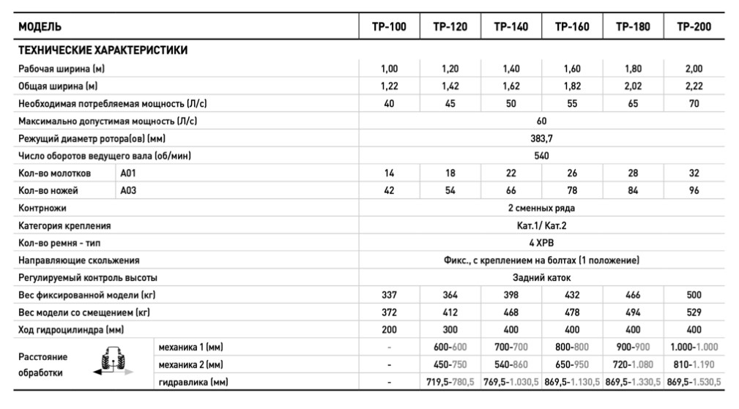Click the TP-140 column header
coord(510,27)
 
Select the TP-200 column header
coord(694,27)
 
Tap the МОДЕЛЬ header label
coord(40,27)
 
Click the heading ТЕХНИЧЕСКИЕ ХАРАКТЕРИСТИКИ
coord(103,50)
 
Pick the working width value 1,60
coord(572,69)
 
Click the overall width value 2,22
coord(694,86)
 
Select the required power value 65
coord(633,104)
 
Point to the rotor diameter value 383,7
coord(541,138)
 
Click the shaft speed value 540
coord(541,156)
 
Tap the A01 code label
coord(128,173)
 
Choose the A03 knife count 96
coord(694,191)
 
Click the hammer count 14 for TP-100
coord(389,173)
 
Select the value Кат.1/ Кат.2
coord(541,225)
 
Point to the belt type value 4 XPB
coord(541,243)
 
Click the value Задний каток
coord(541,278)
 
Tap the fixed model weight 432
coord(572,296)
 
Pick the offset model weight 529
coord(694,313)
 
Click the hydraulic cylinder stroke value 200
coord(389,330)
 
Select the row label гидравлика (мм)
coord(192,382)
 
